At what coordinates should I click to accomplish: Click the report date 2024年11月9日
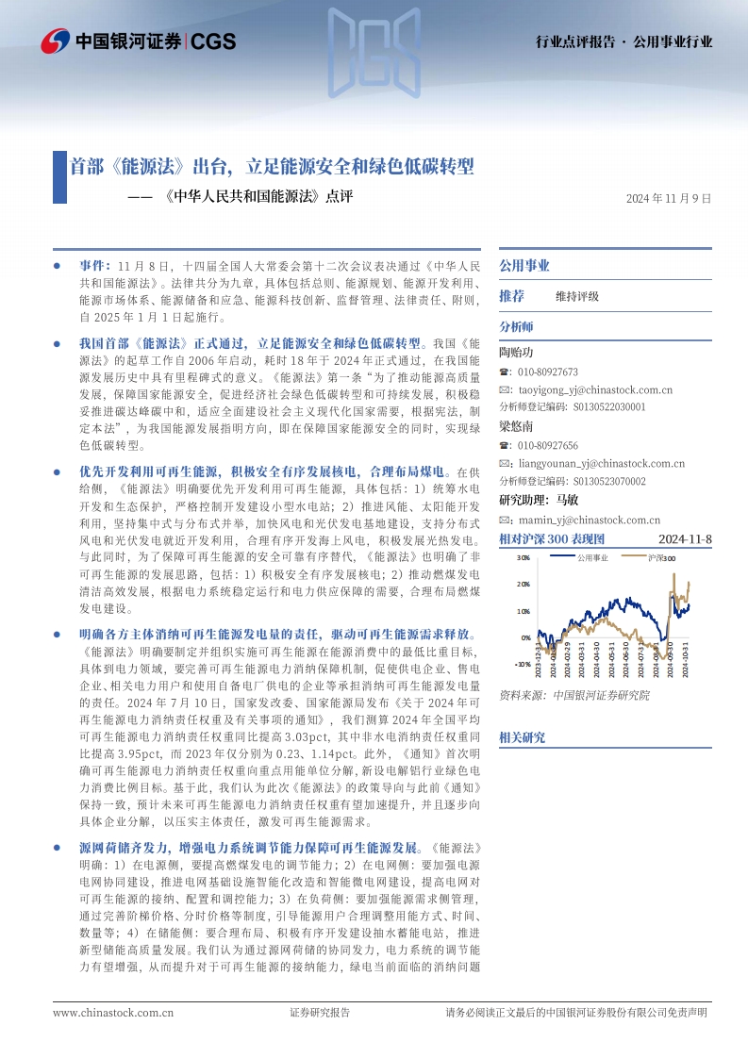668,198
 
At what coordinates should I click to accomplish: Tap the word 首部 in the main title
87,167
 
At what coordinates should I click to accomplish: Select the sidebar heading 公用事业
524,266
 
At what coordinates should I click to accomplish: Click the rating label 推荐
511,296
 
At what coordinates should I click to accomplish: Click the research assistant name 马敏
568,500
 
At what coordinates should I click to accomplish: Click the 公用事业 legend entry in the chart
592,558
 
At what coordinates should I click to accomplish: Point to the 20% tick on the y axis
524,585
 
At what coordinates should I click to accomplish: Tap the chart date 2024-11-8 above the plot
683,538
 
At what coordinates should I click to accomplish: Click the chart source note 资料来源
518,695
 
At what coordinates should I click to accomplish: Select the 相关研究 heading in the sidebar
522,736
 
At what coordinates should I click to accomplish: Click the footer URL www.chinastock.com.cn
113,1012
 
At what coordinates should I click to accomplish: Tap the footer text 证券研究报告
319,1012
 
